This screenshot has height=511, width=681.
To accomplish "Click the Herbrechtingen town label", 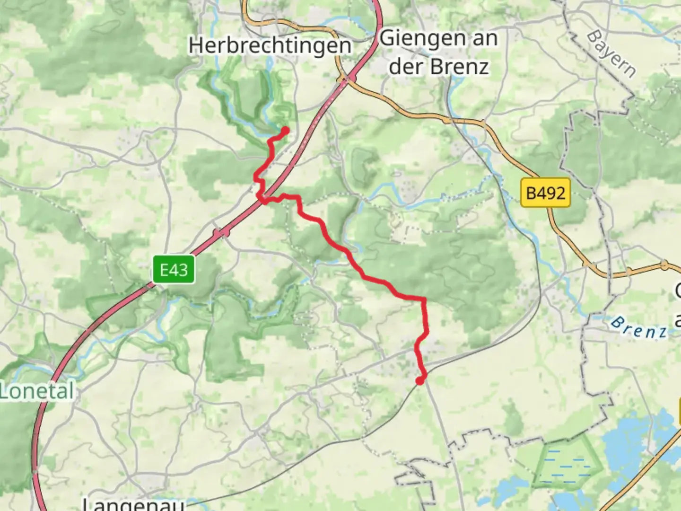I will click(270, 46).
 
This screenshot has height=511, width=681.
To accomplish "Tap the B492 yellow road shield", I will click(545, 193).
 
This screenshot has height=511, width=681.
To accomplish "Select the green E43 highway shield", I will click(174, 270).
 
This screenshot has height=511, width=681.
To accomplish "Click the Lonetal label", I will click(37, 392).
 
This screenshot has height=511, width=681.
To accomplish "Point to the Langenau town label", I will click(134, 503).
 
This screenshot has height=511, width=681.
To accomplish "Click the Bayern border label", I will click(611, 54).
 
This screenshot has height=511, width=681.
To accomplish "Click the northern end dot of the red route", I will click(285, 130).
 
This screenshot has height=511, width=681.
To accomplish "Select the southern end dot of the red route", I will click(419, 380).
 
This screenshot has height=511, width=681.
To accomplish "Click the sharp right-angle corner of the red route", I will click(424, 300).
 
